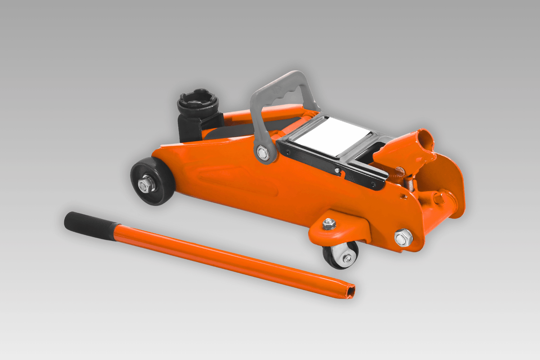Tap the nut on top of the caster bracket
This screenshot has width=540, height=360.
tap(329, 223)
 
